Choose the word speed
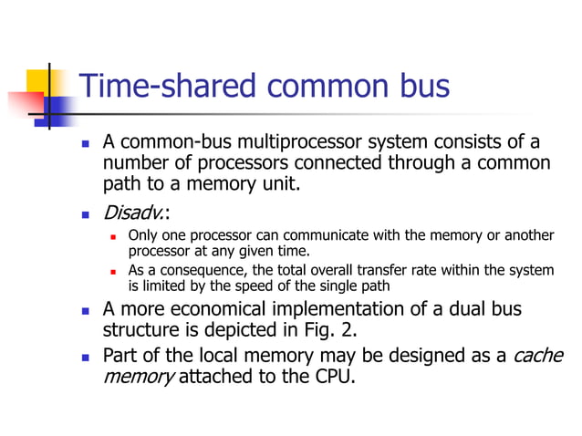(252, 285)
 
